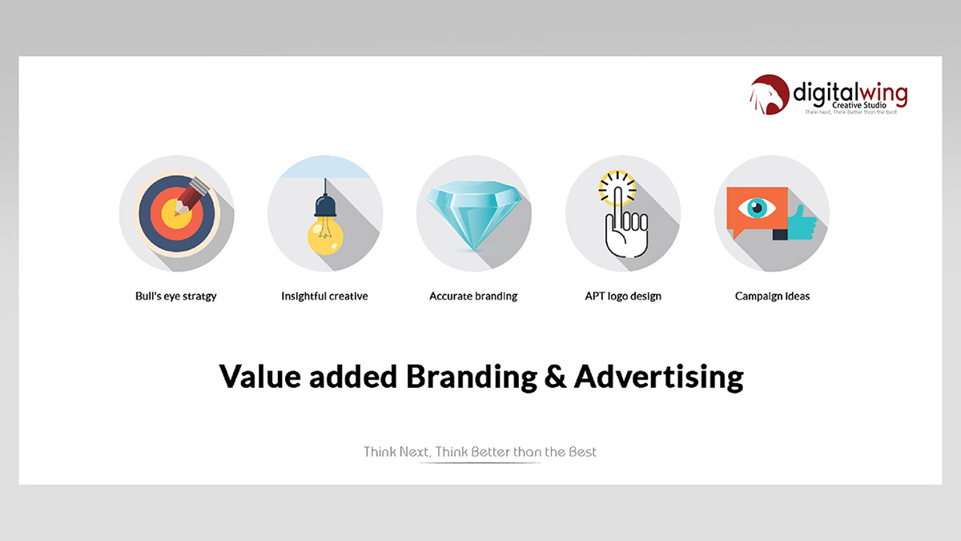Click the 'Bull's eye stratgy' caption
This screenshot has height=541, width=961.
176,297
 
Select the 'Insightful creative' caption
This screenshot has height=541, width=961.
324,296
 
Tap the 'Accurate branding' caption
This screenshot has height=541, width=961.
473,297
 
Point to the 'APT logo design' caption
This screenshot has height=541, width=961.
623,297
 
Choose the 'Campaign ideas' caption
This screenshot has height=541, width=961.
772,297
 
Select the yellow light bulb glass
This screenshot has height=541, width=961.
325,236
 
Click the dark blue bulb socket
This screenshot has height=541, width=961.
325,205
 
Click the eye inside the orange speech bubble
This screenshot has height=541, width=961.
757,208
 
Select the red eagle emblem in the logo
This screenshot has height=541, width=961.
770,95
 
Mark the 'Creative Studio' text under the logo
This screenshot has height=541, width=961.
858,105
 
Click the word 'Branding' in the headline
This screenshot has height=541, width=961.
472,377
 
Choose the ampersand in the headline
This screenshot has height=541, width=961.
555,376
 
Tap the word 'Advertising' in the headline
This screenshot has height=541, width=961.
658,377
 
